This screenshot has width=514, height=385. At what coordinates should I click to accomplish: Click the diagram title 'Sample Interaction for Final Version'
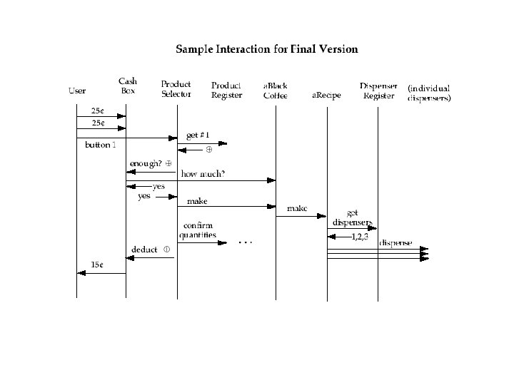[267, 50]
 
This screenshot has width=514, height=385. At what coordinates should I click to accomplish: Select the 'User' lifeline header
[77, 91]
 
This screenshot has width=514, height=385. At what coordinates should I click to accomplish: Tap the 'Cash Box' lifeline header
[128, 86]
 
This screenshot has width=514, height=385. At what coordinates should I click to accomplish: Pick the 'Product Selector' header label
[176, 89]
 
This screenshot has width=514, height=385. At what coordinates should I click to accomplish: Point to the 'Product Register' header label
[226, 90]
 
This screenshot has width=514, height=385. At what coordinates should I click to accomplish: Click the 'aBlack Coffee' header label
[276, 91]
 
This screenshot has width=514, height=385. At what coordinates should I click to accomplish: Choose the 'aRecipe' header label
[327, 95]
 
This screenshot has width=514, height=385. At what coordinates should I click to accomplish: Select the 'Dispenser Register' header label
[378, 90]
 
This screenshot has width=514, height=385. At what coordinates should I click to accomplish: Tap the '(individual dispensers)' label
[429, 93]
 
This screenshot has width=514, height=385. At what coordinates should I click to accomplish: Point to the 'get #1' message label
[198, 135]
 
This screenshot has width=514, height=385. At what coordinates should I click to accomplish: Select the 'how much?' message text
[203, 174]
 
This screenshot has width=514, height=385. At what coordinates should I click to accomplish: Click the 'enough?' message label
[146, 163]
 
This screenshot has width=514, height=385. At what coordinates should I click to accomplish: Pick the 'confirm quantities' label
[198, 231]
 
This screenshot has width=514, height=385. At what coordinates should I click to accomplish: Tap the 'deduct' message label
[145, 250]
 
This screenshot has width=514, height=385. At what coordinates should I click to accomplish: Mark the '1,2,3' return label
[360, 236]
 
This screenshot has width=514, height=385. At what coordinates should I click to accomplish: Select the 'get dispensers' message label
[352, 217]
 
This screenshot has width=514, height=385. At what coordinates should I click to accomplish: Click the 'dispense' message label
[395, 243]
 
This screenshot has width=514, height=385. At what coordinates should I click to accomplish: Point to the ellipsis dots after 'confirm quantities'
[245, 242]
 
